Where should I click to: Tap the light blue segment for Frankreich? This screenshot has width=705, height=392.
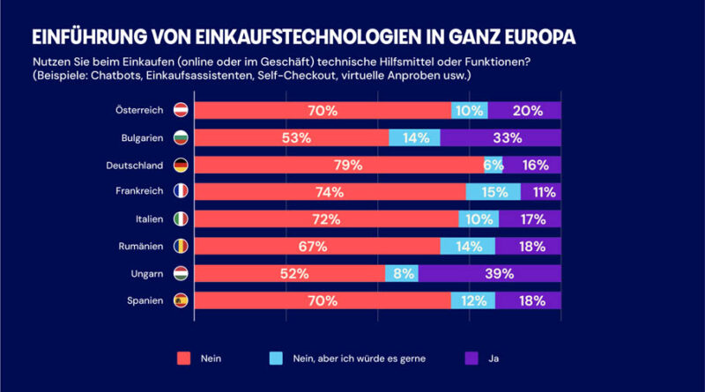(493, 192)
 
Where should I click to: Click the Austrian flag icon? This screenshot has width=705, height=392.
(181, 110)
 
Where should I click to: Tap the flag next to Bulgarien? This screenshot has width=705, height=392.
(181, 137)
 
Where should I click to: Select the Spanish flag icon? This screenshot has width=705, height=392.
(181, 300)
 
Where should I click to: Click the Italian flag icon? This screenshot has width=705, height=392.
(181, 219)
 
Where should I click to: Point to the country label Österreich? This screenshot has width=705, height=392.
(140, 110)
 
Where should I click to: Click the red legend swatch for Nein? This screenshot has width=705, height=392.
(184, 358)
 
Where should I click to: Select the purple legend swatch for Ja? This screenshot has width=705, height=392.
(471, 358)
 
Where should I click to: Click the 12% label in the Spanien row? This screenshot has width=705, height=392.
(473, 300)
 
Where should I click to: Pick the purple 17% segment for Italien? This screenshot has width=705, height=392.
(530, 219)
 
